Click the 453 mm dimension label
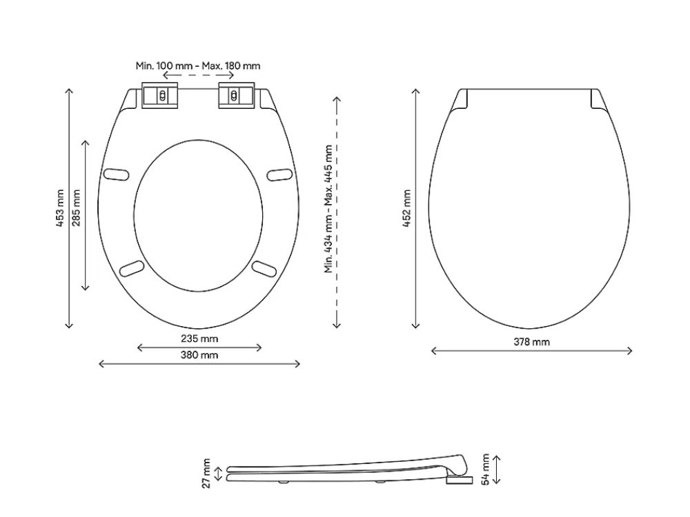(60, 208)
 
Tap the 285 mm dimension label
(76, 208)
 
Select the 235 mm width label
(199, 338)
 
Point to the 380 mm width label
(199, 355)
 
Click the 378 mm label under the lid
(531, 342)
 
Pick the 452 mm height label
(406, 208)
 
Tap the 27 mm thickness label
(206, 473)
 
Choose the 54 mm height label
(485, 469)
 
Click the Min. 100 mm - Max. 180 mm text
(198, 66)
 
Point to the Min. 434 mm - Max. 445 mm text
(328, 209)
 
